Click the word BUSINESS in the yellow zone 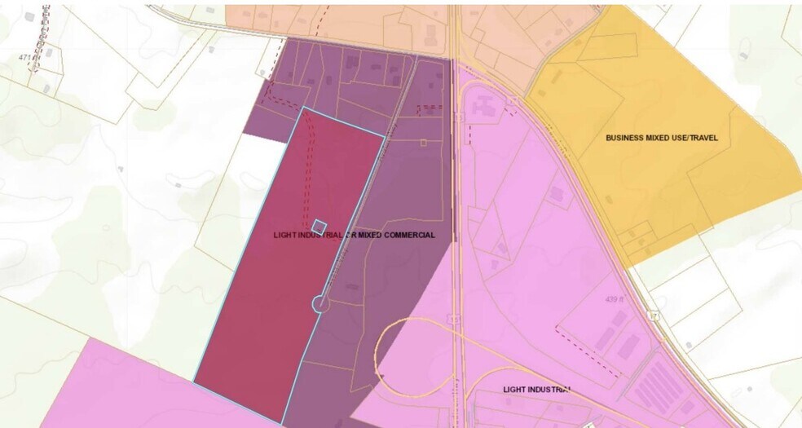click(x=625, y=138)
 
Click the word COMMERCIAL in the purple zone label click(x=407, y=235)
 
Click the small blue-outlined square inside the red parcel click(x=319, y=226)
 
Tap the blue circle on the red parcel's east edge click(x=319, y=304)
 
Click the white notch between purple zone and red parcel click(x=267, y=152)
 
